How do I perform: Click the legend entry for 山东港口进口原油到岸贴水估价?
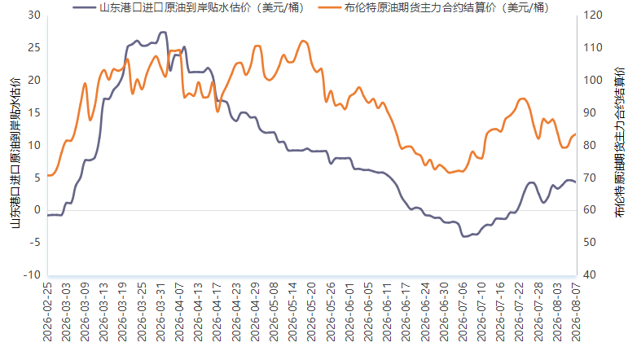pyautogui.click(x=189, y=7)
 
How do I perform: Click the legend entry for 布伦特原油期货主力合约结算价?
pyautogui.click(x=434, y=7)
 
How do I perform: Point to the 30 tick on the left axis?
pyautogui.click(x=34, y=15)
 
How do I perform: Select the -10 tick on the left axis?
pyautogui.click(x=32, y=275)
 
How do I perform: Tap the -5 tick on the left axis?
pyautogui.click(x=34, y=243)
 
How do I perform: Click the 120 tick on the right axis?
pyautogui.click(x=593, y=15)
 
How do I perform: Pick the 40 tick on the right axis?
pyautogui.click(x=590, y=275)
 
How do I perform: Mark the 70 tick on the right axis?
pyautogui.click(x=590, y=178)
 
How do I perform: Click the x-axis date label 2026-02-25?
pyautogui.click(x=48, y=312)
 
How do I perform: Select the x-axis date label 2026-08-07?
pyautogui.click(x=576, y=312)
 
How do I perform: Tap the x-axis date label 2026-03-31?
pyautogui.click(x=161, y=312)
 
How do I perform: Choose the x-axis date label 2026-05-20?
pyautogui.click(x=312, y=312)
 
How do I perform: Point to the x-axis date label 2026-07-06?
pyautogui.click(x=463, y=312)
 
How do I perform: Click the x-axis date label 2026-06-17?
pyautogui.click(x=406, y=312)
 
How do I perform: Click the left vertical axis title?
pyautogui.click(x=15, y=153)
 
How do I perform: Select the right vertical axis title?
pyautogui.click(x=620, y=143)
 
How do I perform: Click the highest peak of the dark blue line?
pyautogui.click(x=163, y=32)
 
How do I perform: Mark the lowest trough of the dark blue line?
pyautogui.click(x=464, y=236)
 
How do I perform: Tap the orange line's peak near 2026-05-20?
pyautogui.click(x=303, y=41)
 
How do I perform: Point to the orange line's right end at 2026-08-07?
pyautogui.click(x=576, y=134)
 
